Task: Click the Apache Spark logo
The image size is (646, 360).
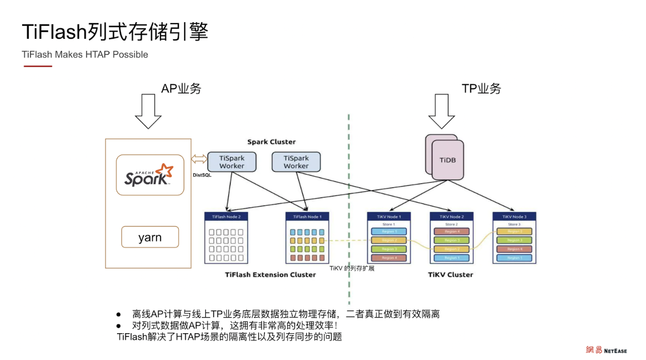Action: pos(149,175)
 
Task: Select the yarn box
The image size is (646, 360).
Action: pos(150,237)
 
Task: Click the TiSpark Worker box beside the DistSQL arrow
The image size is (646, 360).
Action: pos(232,162)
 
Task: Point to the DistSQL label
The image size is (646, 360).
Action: pos(202,175)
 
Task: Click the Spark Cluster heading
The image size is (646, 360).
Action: pos(272,142)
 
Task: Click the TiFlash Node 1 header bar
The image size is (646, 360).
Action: pos(307,217)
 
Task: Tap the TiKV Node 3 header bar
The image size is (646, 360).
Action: pos(514,217)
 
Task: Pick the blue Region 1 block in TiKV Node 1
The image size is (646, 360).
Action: pos(388,231)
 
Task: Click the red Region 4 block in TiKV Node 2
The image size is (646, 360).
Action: pos(451,231)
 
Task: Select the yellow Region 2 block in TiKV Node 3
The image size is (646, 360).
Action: pos(514,231)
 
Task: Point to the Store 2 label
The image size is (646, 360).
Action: pos(451,224)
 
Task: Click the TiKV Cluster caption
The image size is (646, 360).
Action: pos(451,275)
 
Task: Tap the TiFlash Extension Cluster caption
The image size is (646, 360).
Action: pos(270,275)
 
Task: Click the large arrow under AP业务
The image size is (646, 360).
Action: pos(148,112)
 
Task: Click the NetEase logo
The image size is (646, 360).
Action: pos(606,350)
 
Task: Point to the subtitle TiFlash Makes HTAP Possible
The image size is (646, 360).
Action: pos(85,55)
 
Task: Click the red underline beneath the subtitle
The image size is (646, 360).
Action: pos(37,66)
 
